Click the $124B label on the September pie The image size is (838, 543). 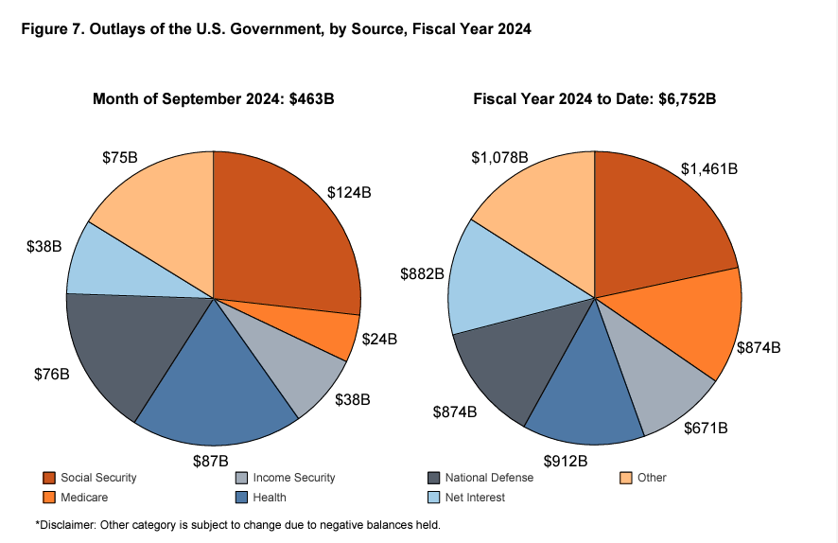(349, 192)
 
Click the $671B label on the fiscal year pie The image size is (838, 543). (707, 429)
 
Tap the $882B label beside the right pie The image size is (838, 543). (422, 274)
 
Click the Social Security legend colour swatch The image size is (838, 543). (49, 478)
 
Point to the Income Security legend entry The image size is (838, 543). (294, 478)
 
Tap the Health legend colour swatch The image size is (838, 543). (241, 498)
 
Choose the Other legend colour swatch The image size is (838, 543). (625, 478)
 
